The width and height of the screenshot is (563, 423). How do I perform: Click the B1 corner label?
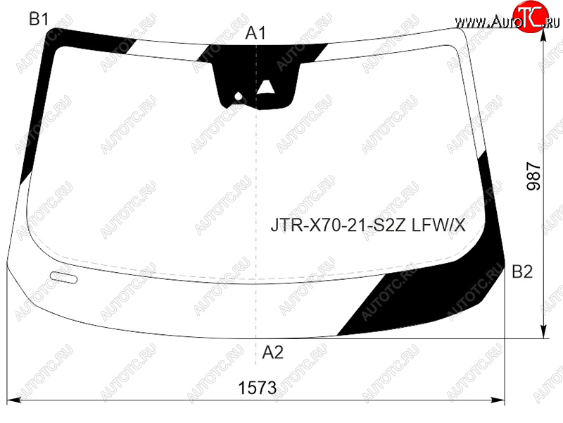click(x=39, y=19)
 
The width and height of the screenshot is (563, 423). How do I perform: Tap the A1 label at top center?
click(x=255, y=33)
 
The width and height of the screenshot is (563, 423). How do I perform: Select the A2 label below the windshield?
click(x=273, y=352)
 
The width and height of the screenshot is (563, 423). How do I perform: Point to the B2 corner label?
click(x=522, y=271)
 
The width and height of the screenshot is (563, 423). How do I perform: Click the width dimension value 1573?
click(x=258, y=388)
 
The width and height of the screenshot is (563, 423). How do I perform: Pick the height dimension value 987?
click(x=533, y=176)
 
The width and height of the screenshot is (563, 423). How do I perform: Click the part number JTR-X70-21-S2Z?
click(x=339, y=226)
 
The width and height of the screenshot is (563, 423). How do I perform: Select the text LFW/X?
click(x=438, y=226)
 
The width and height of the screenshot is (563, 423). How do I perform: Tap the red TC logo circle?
click(x=531, y=16)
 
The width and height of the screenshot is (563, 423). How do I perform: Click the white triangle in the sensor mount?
click(x=266, y=87)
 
